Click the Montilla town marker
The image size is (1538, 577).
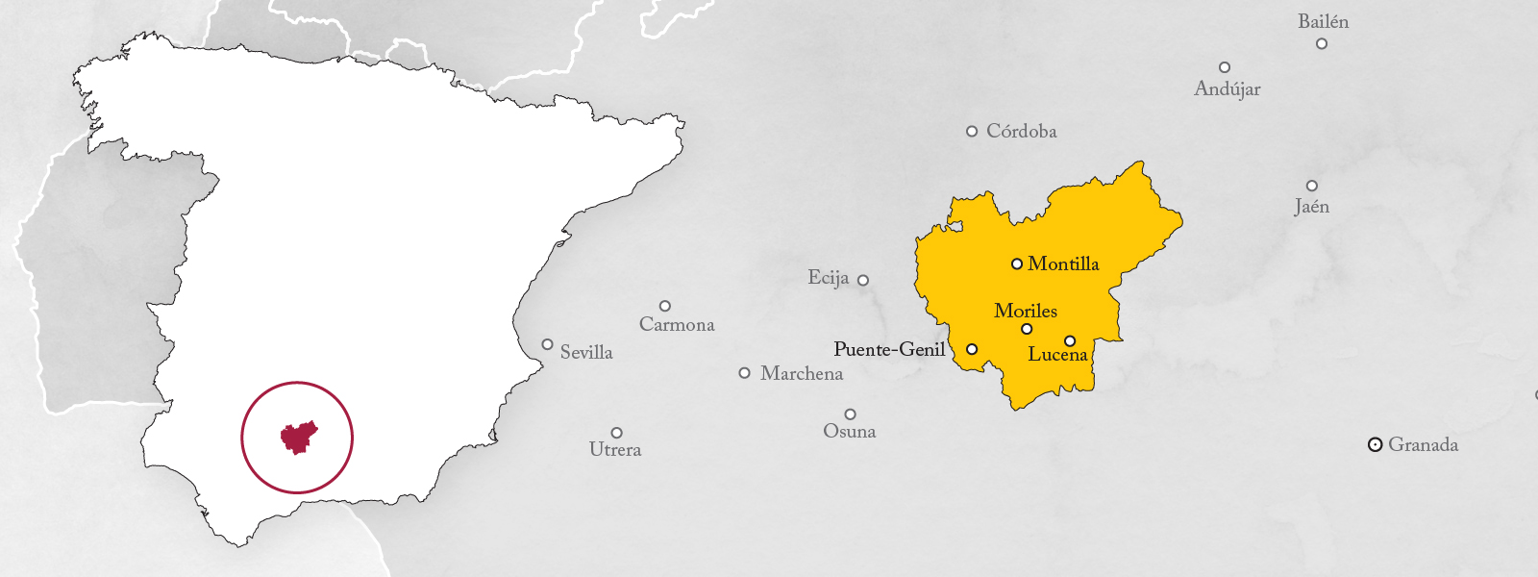1016,263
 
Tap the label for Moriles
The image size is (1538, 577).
1026,311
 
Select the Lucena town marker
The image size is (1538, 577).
1070,340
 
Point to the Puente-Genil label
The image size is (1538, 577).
889,349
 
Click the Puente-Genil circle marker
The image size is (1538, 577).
972,349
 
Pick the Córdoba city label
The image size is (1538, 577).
1021,131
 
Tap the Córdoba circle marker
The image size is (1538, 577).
972,131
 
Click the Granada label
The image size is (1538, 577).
1423,444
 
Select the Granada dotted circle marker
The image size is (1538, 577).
1376,444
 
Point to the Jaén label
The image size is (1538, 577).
1311,206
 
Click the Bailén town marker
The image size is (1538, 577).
1322,43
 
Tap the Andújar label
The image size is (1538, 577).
1227,88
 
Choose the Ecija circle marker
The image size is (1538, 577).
863,280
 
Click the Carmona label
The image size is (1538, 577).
677,324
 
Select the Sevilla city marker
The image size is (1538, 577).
547,344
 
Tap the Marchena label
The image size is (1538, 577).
802,373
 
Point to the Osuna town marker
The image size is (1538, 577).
850,414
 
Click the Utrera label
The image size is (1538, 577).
615,449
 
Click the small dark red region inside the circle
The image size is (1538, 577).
298,438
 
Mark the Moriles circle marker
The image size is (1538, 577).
1027,329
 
